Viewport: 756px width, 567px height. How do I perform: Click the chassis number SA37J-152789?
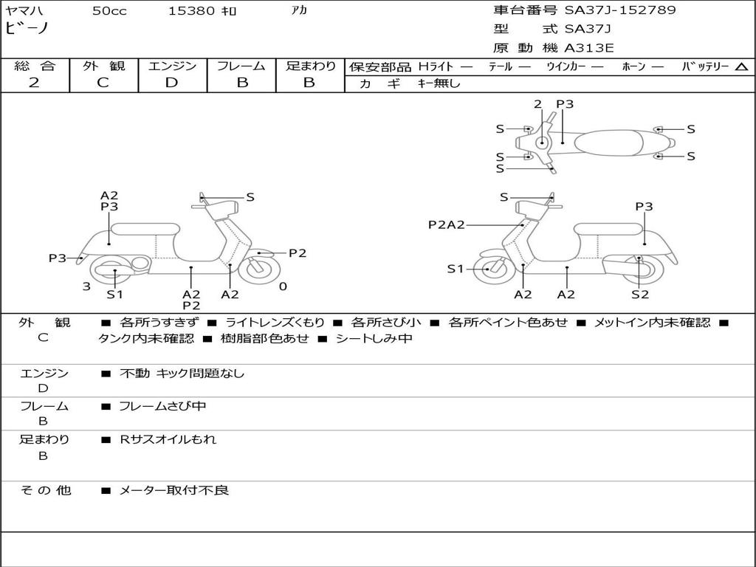click(620, 10)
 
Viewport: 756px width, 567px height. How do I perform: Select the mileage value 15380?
click(191, 11)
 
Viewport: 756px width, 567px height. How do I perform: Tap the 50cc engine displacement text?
click(109, 11)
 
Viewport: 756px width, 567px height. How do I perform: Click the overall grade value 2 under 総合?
click(34, 83)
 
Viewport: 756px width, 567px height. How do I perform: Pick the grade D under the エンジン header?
click(171, 83)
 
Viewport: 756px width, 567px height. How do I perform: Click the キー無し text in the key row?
click(439, 83)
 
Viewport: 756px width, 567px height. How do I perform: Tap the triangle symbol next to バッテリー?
click(741, 67)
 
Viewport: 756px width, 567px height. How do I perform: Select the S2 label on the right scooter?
click(639, 295)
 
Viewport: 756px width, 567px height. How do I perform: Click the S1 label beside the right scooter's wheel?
click(456, 269)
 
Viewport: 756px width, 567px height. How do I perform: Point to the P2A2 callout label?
click(446, 224)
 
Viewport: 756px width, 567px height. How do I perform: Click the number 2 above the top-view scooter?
click(537, 104)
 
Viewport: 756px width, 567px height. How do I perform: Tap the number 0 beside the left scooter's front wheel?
click(283, 286)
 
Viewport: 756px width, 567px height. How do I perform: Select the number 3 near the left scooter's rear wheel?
click(86, 286)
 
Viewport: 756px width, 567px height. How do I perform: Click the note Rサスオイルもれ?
click(168, 439)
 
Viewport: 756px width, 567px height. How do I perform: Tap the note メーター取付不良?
click(174, 490)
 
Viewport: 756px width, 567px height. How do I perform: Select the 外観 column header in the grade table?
click(103, 66)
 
